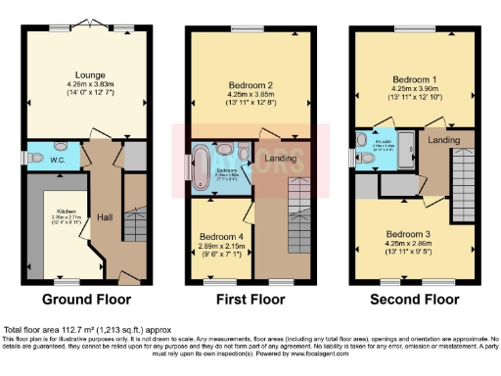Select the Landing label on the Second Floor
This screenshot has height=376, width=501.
click(442, 142)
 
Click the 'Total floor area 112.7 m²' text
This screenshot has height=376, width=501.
click(64, 329)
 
